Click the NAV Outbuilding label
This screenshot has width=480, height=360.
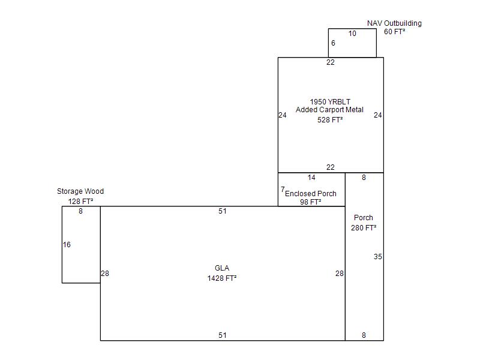(x=394, y=23)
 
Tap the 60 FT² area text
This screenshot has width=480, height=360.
(x=395, y=32)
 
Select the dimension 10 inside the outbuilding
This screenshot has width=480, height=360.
(x=352, y=34)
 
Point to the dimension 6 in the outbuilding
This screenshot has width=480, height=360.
(x=334, y=43)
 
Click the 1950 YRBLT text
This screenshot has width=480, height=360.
(x=330, y=101)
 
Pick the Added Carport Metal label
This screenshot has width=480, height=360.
(x=329, y=110)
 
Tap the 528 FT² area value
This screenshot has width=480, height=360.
(x=330, y=119)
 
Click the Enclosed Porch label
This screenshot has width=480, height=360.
(x=311, y=194)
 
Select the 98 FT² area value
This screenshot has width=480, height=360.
(x=311, y=202)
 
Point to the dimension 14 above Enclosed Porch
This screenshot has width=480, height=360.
(x=311, y=178)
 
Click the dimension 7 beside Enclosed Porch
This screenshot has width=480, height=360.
(x=283, y=190)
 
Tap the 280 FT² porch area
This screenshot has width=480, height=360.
(x=364, y=228)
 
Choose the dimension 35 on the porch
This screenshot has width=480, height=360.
(x=378, y=257)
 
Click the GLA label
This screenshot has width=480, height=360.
(x=222, y=268)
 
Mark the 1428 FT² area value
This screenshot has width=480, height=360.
(x=222, y=278)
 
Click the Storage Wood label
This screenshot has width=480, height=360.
(x=80, y=191)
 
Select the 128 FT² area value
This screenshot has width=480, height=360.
(x=80, y=202)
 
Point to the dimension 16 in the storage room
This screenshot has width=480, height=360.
(x=67, y=245)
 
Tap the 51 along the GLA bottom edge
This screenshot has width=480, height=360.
(x=223, y=335)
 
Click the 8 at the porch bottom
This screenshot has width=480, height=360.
(x=364, y=335)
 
